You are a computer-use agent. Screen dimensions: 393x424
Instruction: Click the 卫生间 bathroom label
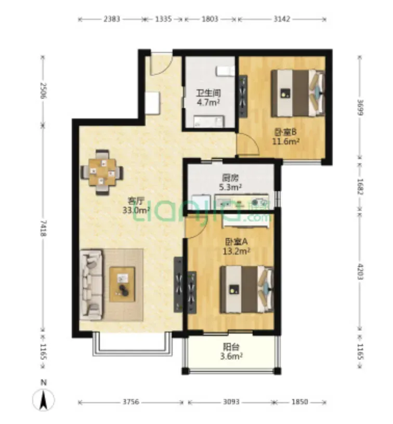coord(208,93)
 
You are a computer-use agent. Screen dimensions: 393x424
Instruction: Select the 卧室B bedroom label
coord(285,132)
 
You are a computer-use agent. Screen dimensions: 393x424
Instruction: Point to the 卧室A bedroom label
coord(237,242)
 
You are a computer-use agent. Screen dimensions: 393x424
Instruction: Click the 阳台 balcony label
coord(231,347)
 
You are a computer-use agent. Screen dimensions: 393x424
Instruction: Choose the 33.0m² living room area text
coord(136,210)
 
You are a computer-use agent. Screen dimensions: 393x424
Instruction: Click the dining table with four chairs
coord(102,173)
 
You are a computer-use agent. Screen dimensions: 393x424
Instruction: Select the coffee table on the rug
coord(122,284)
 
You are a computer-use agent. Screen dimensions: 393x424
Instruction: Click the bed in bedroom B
coord(298,94)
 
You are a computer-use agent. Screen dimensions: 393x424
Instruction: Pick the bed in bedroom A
coord(246,289)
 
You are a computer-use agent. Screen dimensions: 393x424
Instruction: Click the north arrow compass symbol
coord(43,397)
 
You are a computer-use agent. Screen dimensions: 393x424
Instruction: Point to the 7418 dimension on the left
coord(43,228)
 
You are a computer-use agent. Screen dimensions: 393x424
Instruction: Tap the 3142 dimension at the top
coord(282,19)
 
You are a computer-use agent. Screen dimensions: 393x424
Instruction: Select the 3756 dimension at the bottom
coord(131,402)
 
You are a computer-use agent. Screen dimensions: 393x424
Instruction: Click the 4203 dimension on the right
coord(360,271)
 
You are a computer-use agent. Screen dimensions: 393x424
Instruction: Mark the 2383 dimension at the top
coord(112,19)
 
